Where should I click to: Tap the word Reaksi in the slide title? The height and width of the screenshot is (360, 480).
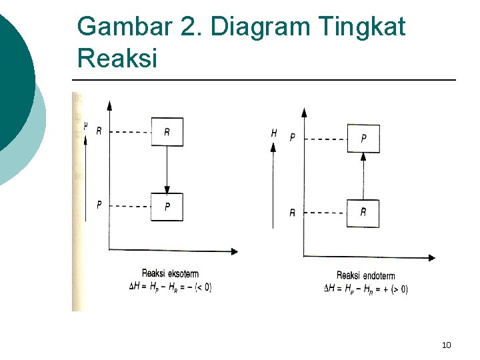[117, 58]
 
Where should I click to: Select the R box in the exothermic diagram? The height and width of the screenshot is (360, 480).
[167, 132]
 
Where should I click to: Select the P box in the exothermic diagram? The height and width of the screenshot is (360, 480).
[167, 207]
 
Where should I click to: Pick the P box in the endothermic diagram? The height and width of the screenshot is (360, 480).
[363, 139]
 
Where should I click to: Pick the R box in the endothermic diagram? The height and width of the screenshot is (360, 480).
[363, 213]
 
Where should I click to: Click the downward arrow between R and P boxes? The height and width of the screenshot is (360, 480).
[167, 170]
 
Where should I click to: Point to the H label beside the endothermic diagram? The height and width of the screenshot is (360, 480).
[274, 134]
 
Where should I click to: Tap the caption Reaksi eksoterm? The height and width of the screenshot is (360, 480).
[170, 274]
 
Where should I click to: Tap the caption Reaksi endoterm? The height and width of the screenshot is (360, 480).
[365, 276]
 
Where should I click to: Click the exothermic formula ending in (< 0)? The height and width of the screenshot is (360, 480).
[170, 287]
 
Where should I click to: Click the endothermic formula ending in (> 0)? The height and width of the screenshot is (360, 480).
[365, 289]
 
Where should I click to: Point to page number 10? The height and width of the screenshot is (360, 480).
[446, 345]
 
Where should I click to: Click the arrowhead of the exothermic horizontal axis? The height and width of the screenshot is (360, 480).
[233, 251]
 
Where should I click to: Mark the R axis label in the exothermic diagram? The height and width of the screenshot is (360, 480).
[99, 131]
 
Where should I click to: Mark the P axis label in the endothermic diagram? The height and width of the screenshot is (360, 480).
[292, 138]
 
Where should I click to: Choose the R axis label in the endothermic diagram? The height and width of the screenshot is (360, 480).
[292, 213]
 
